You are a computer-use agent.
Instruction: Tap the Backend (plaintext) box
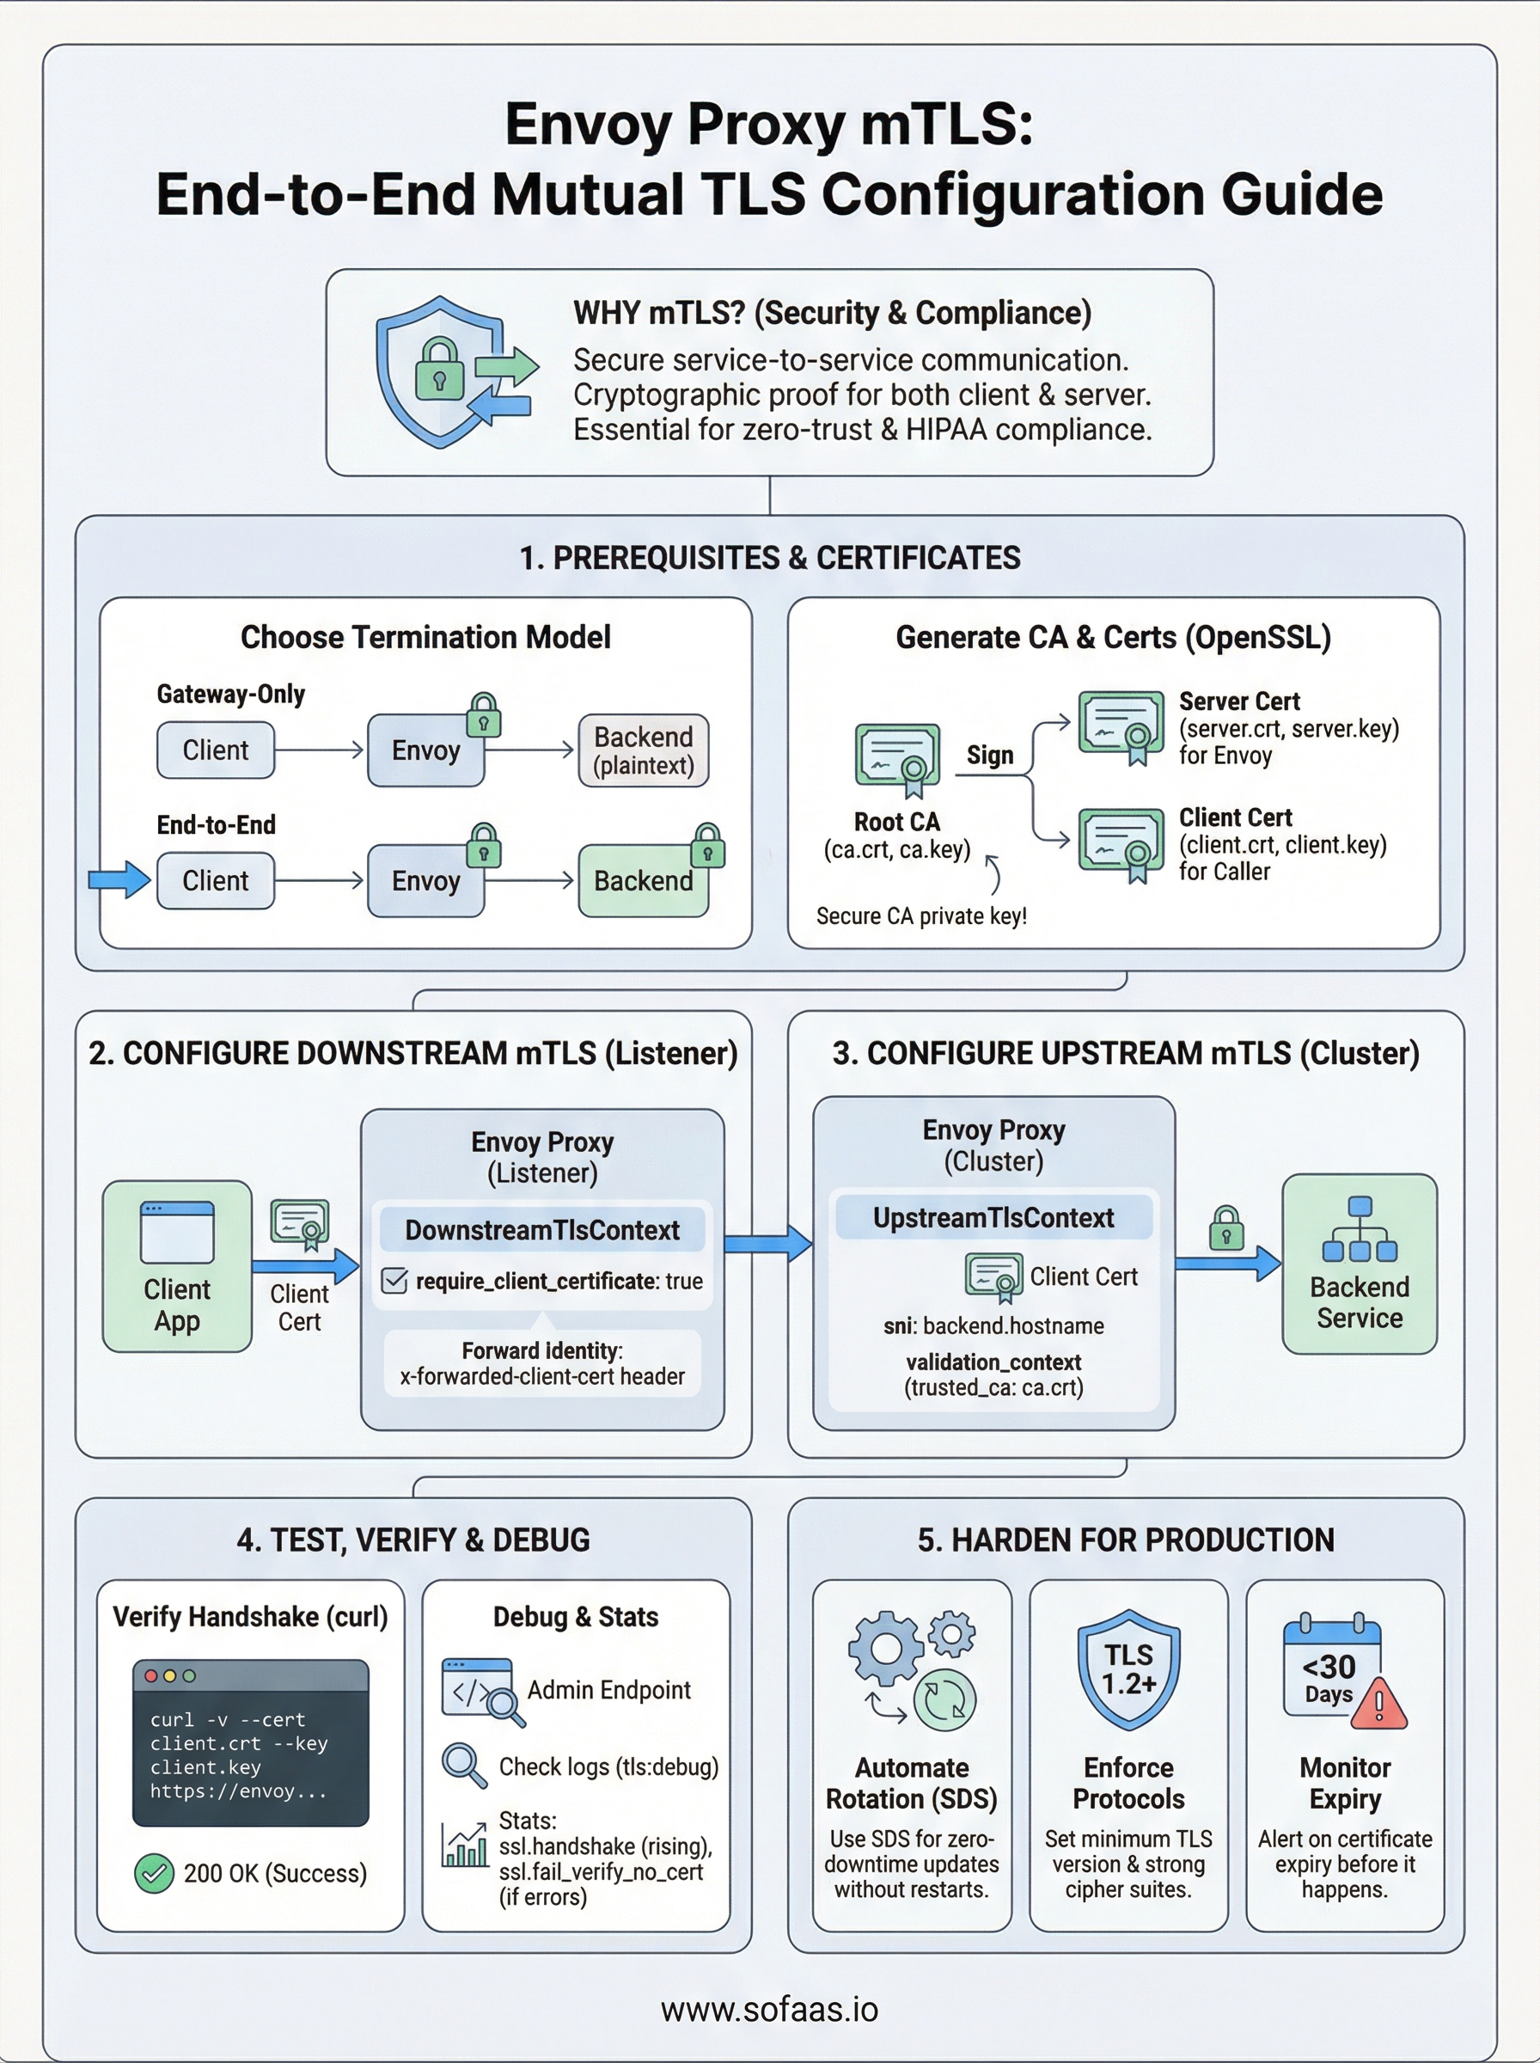coord(643,750)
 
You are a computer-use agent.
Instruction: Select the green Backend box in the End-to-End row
coord(643,881)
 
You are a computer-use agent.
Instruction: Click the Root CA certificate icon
coord(897,759)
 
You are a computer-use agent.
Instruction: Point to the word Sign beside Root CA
coord(989,754)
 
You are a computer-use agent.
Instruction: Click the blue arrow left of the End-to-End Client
coord(119,879)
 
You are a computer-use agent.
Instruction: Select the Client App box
coord(177,1266)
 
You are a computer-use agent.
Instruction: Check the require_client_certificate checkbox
coord(394,1281)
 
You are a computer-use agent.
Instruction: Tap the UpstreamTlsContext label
coord(993,1217)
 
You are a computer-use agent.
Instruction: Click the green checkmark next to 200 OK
coord(154,1873)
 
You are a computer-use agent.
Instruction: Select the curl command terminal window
coord(250,1742)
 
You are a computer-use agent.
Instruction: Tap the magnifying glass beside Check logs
coord(463,1765)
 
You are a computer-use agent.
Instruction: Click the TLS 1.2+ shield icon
coord(1129,1669)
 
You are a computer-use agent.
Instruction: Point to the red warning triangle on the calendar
coord(1378,1704)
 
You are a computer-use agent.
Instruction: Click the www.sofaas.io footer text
coord(769,2010)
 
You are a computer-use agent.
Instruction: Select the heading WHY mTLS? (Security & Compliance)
coord(832,313)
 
